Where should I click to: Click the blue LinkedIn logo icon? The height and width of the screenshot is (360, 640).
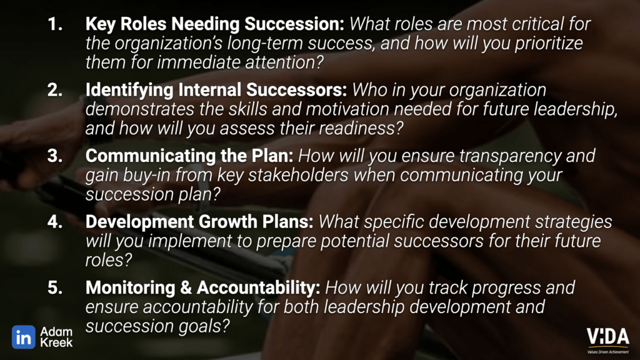[x=23, y=337]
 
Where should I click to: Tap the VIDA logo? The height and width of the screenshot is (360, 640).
[x=607, y=340]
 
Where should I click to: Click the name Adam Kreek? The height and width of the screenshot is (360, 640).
[x=56, y=337]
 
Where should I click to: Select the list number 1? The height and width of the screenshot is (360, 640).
[x=55, y=24]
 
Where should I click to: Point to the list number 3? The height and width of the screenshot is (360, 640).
[x=55, y=156]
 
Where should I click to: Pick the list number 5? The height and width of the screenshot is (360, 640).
[x=55, y=287]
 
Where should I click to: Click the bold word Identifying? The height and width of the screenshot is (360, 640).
[x=129, y=91]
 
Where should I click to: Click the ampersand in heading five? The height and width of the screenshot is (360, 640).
[x=186, y=287]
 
